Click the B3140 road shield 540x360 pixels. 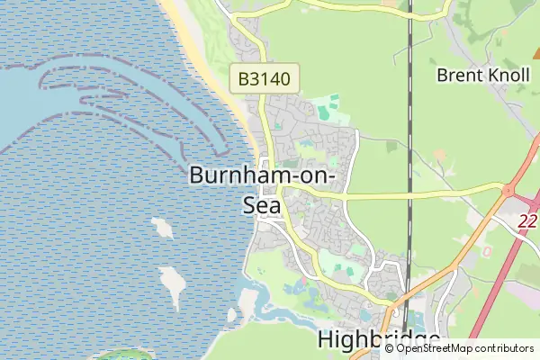coord(265,78)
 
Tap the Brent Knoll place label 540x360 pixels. coord(481,75)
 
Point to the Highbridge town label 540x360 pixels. coord(379,341)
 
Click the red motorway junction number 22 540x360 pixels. coord(530,220)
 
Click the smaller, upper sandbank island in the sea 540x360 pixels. coord(162,226)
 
